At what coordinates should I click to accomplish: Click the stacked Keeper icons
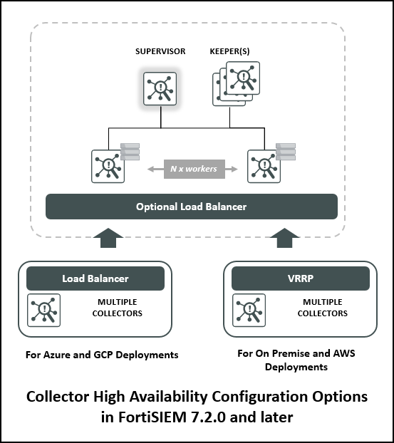point(234,84)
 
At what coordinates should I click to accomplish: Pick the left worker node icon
point(108,166)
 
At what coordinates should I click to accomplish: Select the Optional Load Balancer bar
point(192,207)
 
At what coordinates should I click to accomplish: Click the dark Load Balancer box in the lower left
point(95,278)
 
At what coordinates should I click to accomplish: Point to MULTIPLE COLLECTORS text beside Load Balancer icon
point(118,308)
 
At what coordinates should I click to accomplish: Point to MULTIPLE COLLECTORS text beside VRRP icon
point(322,308)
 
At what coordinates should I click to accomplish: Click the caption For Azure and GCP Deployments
point(101,354)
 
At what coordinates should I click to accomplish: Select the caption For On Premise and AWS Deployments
point(295,360)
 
